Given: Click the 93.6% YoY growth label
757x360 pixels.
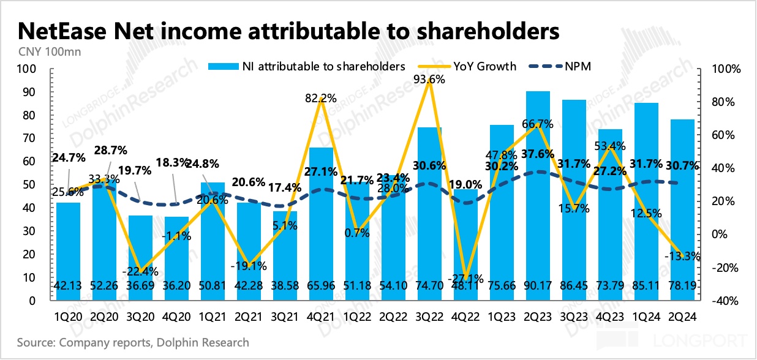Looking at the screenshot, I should tap(429, 78).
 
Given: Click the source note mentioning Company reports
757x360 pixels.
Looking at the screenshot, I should tap(133, 342).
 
